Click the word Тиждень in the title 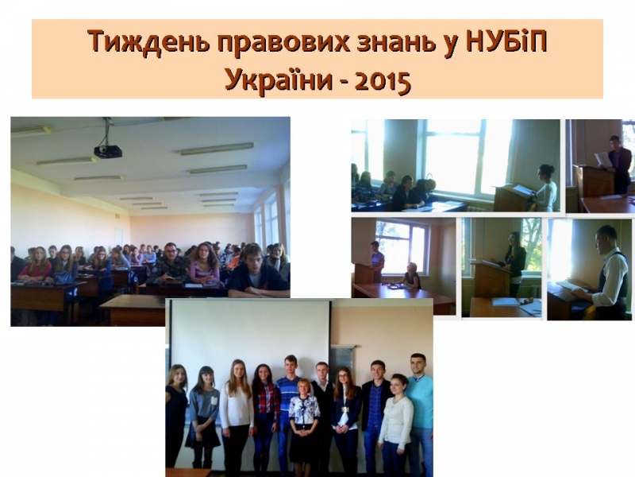148,41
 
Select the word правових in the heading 283,43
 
